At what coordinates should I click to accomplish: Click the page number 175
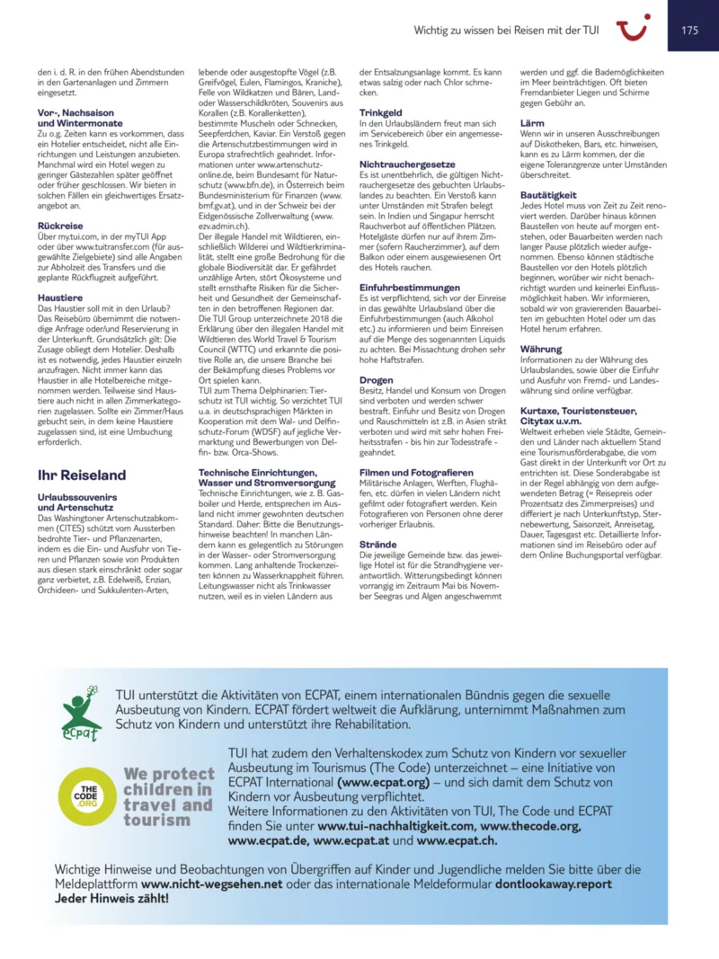(689, 30)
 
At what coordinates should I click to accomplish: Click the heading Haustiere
(58, 296)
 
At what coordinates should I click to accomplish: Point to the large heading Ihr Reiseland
(82, 475)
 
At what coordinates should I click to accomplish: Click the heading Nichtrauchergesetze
(406, 164)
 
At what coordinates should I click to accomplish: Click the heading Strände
(378, 544)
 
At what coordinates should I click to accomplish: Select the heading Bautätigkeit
(547, 194)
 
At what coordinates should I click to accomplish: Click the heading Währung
(541, 348)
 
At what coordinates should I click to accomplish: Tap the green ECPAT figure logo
(80, 715)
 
